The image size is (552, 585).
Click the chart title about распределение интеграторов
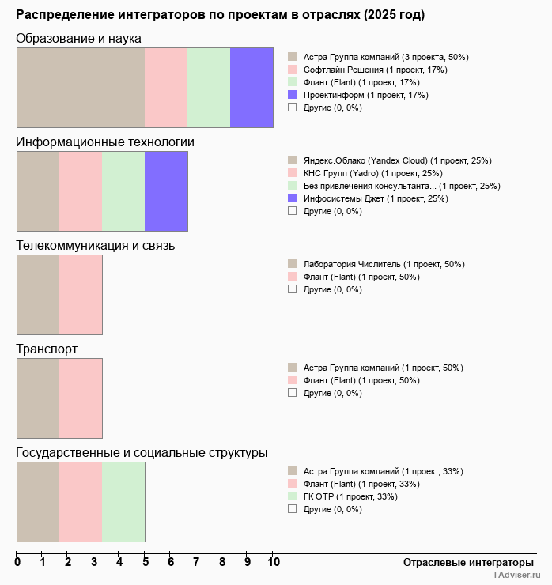click(220, 15)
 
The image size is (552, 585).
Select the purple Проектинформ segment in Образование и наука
click(251, 88)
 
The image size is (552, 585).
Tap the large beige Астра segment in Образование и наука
click(81, 88)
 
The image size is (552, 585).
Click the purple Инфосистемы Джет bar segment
click(166, 191)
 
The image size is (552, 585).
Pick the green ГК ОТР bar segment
click(123, 502)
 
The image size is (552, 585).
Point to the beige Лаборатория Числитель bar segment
click(38, 295)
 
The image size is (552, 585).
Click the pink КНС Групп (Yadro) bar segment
click(81, 191)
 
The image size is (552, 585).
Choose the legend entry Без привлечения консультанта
click(401, 186)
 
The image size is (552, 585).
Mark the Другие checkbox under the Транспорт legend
click(293, 393)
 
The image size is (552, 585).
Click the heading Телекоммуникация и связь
click(96, 246)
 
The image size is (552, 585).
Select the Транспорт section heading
click(47, 349)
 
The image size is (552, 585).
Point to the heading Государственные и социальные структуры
click(142, 453)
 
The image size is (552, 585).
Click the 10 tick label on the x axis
click(273, 563)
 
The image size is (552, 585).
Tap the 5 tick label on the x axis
click(145, 563)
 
